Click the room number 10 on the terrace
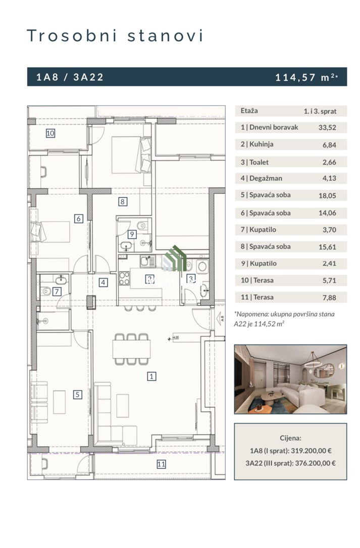(50, 133)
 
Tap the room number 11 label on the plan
(161, 464)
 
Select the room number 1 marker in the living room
(151, 376)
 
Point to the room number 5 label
(77, 395)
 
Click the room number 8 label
(122, 201)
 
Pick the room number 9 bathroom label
(132, 234)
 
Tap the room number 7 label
(57, 291)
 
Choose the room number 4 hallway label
(103, 283)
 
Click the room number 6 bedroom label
(79, 218)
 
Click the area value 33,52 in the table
(327, 128)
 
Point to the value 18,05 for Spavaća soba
(327, 195)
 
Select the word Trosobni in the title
(72, 36)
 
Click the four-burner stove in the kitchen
(124, 278)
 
